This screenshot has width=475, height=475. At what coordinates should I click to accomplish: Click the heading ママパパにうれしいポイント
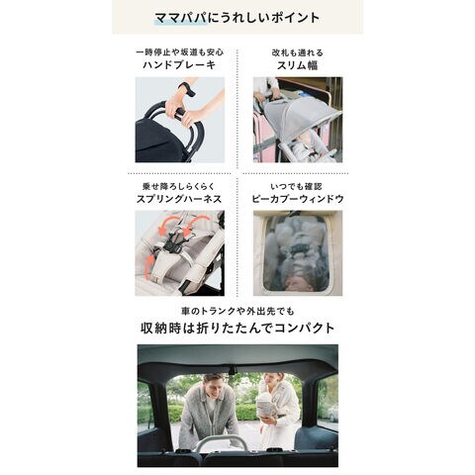point(237,18)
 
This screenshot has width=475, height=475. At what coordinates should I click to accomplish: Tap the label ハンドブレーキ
point(179,64)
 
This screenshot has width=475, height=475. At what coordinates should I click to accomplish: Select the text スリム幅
point(298,65)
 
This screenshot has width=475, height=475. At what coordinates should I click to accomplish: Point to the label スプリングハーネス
point(179,199)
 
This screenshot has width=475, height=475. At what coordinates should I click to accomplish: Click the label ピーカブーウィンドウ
point(298,199)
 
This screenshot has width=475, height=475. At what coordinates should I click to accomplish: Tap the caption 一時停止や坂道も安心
point(180,52)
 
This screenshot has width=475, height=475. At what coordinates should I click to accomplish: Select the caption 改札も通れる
point(298,52)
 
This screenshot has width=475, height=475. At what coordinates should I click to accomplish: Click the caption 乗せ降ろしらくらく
point(179,186)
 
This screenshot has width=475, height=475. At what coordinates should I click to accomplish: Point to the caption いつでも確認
point(296,186)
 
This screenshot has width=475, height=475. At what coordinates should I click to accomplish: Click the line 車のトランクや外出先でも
point(237,311)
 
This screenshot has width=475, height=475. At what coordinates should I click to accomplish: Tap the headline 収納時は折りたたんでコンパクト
point(237,328)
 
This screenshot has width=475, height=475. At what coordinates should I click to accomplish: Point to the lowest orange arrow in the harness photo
point(150,261)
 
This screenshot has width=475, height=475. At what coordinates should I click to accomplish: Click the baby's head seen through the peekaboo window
point(298,283)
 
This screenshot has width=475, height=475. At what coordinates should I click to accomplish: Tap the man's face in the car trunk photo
point(214,386)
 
